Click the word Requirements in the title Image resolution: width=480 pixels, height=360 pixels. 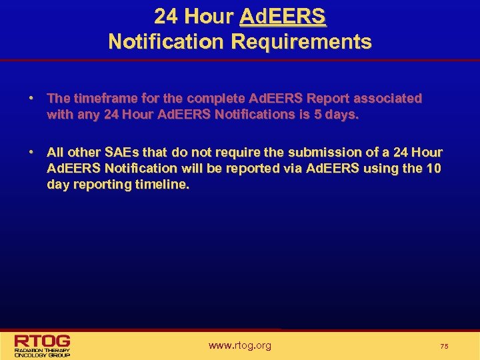(x=301, y=42)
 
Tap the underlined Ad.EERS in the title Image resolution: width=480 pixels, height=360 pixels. (x=283, y=16)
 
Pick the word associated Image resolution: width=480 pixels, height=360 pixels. (x=387, y=99)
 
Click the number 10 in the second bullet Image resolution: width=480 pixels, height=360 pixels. (x=433, y=169)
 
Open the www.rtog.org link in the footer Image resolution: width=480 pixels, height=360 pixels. (x=240, y=345)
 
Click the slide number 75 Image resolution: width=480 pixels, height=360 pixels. (x=444, y=346)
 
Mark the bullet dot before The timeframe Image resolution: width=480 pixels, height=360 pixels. (x=31, y=99)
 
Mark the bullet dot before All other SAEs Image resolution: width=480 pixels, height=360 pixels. (x=31, y=153)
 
